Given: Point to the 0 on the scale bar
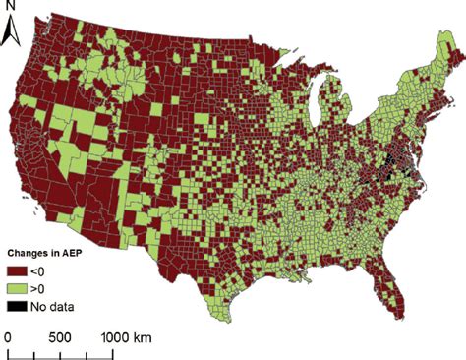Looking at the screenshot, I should [x=8, y=336].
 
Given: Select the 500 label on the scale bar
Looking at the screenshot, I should [x=59, y=336].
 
